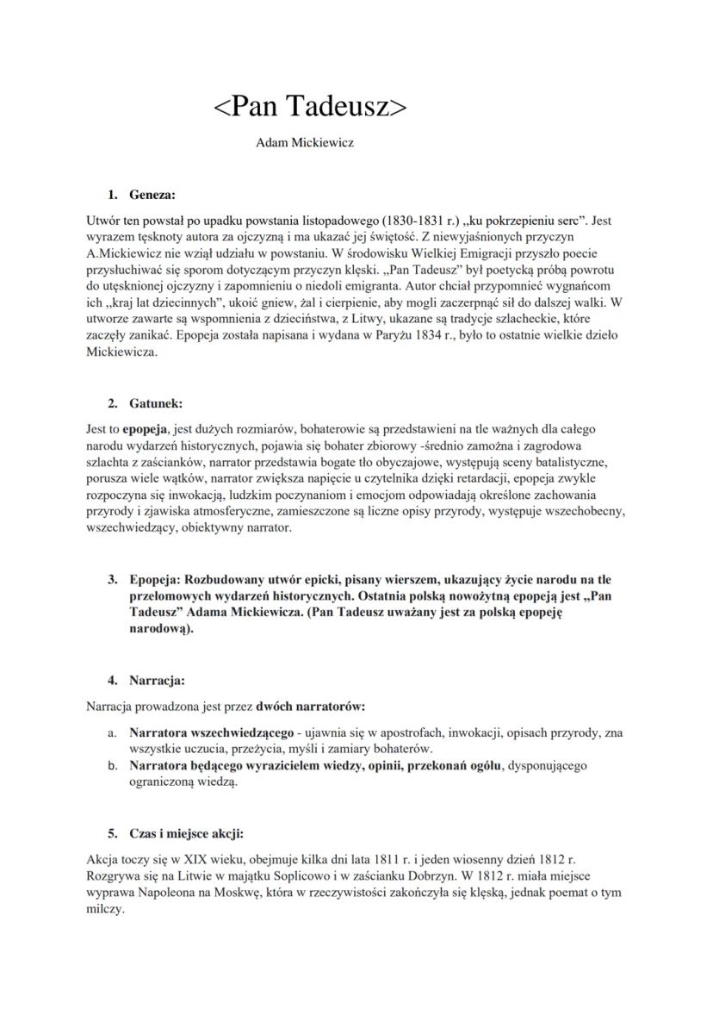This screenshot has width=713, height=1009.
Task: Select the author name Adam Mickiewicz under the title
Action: (x=305, y=142)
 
